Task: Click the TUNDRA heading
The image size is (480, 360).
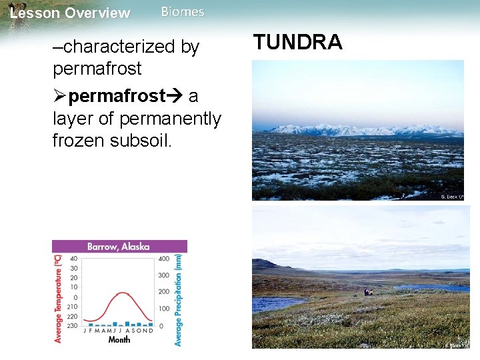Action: pos(297,42)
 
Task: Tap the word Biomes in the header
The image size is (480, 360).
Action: pos(183,12)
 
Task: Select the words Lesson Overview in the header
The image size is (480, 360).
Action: pos(71,13)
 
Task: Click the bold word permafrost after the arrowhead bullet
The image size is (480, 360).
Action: pos(117,96)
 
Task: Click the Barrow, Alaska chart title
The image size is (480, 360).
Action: pos(119,246)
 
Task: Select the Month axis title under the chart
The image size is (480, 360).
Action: pos(119,339)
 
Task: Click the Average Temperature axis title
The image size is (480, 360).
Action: pos(58,298)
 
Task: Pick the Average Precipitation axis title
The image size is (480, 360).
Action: pos(178,299)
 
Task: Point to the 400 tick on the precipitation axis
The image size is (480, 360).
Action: pos(163,259)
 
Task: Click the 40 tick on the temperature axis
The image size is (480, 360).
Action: pos(73,259)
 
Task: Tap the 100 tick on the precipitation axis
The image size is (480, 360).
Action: pos(163,309)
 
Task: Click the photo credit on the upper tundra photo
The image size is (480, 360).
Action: pos(451,197)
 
